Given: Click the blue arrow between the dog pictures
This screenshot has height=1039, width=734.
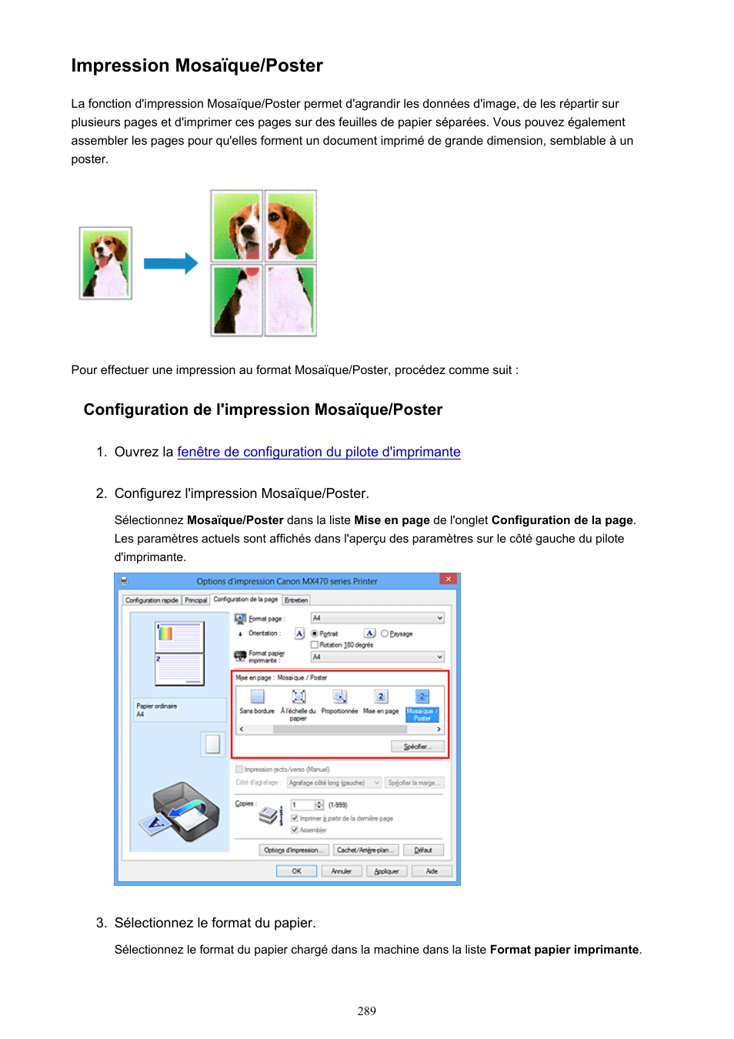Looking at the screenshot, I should (170, 263).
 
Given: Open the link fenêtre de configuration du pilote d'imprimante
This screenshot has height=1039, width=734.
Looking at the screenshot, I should (319, 453).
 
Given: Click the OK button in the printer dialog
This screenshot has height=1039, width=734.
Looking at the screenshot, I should (296, 871).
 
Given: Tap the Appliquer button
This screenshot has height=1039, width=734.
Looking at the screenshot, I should (386, 871).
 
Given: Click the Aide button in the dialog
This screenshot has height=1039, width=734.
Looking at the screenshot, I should (432, 871).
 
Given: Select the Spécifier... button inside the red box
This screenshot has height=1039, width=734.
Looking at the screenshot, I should (418, 747).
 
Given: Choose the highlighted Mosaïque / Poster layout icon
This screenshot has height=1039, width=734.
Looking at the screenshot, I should (422, 697).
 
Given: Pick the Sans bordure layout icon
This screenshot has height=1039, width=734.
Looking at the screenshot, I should (257, 697).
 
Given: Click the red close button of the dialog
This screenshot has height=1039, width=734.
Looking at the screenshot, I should (449, 580).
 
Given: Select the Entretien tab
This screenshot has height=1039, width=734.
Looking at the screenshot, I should (296, 600).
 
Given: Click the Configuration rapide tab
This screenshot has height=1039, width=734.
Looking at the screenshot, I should (152, 600).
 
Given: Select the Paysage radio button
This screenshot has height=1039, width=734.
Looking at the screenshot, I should (385, 633).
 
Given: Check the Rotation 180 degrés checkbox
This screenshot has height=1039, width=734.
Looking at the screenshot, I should (315, 645).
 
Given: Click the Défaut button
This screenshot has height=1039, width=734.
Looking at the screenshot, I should (423, 850).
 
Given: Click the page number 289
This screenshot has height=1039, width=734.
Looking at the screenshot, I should (367, 1011).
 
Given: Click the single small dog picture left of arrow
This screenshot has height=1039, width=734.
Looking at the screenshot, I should (106, 263).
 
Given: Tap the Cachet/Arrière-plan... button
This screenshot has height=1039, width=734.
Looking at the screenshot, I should (365, 850).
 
